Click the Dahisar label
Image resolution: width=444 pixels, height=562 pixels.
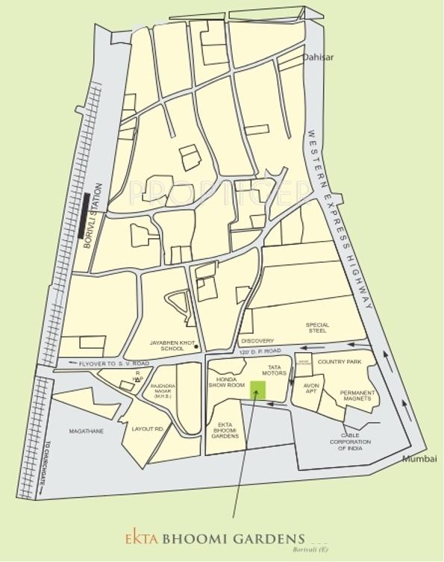click(x=318, y=57)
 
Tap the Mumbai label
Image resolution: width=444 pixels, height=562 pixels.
click(x=419, y=458)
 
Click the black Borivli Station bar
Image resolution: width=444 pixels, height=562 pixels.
click(x=85, y=216)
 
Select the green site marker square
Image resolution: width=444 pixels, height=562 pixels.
click(x=257, y=390)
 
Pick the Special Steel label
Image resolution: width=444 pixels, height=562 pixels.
click(x=316, y=328)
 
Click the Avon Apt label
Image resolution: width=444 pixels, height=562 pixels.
click(x=310, y=389)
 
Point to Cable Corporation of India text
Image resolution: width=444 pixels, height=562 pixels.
click(x=350, y=441)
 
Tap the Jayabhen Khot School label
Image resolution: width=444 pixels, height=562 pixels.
click(x=166, y=346)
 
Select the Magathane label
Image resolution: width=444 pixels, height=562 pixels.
click(x=86, y=431)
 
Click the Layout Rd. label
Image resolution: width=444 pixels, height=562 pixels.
click(x=148, y=429)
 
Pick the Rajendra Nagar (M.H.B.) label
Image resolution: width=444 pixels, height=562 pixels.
click(x=163, y=390)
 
